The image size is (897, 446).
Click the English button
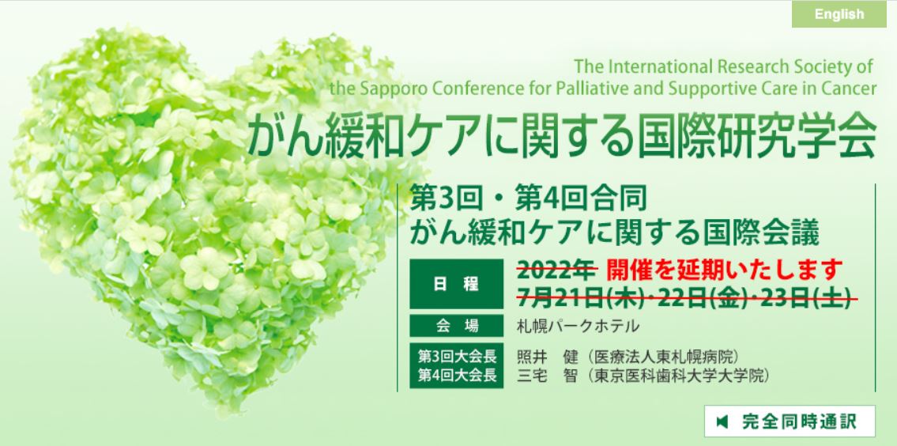tap(839, 14)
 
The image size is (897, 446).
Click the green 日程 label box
tap(456, 284)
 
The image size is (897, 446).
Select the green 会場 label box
tap(456, 325)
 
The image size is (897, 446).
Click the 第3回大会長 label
tap(456, 357)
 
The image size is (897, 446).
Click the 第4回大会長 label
tap(456, 375)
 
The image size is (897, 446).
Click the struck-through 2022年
tap(556, 270)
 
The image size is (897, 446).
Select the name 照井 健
tap(545, 357)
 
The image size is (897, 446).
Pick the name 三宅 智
tap(545, 375)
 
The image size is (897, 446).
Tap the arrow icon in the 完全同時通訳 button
tap(721, 421)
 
